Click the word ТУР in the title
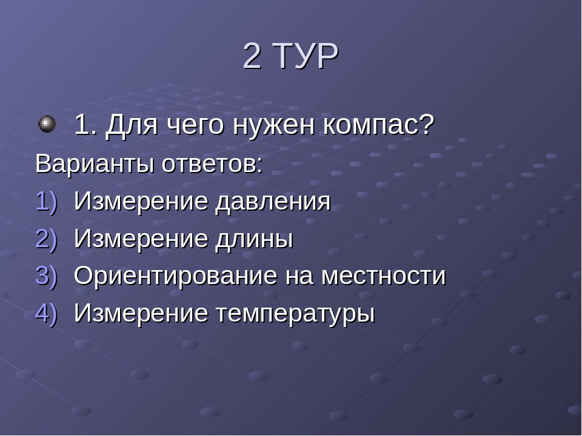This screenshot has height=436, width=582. click(307, 56)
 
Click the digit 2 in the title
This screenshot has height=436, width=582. click(252, 56)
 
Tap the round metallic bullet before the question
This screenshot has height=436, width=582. click(47, 124)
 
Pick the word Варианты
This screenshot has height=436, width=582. click(95, 163)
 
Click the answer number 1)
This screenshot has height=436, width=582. click(47, 202)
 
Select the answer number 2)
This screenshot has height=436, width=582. click(47, 239)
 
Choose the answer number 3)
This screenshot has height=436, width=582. click(47, 276)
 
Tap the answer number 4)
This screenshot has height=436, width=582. click(47, 313)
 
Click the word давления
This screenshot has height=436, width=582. click(273, 203)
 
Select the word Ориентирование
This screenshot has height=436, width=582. click(176, 276)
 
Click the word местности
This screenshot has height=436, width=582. click(383, 277)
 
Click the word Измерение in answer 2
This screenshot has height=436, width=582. click(141, 239)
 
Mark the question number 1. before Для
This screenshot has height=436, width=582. click(85, 125)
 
